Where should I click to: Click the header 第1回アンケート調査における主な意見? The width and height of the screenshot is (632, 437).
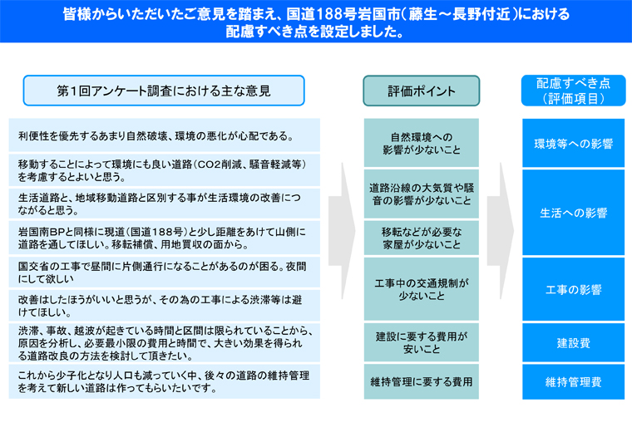click(164, 91)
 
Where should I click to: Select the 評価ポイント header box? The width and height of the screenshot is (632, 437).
click(422, 91)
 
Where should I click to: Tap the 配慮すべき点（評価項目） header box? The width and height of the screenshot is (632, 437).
click(573, 91)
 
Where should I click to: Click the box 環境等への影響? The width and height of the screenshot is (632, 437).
click(573, 143)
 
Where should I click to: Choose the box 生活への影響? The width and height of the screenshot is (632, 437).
click(573, 212)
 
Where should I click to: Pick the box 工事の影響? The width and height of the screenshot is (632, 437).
click(573, 289)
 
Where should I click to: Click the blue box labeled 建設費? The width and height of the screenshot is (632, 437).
click(573, 343)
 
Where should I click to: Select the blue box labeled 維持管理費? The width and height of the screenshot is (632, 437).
click(573, 382)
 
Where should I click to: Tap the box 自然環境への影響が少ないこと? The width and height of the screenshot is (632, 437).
click(422, 143)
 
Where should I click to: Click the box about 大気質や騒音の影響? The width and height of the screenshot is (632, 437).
click(422, 194)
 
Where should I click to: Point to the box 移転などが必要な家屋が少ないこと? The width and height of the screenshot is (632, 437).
click(422, 238)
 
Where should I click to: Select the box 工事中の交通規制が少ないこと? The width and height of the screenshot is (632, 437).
click(422, 289)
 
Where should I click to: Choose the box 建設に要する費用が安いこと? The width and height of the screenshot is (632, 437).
click(422, 342)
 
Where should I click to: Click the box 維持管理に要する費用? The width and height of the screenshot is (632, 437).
click(422, 382)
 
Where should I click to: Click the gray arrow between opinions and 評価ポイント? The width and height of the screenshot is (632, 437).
click(342, 231)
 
